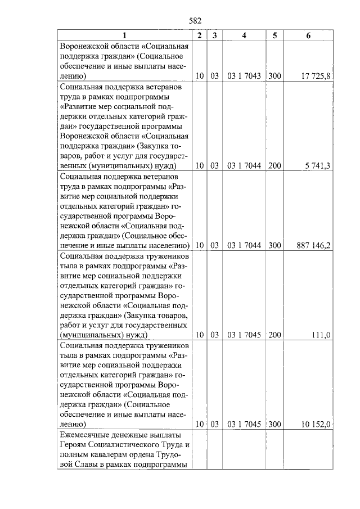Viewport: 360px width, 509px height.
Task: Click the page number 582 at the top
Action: (x=195, y=21)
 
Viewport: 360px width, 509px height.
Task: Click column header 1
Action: (x=125, y=35)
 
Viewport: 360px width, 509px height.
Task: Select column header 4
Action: (x=244, y=35)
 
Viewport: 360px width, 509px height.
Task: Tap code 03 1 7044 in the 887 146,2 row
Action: (x=244, y=246)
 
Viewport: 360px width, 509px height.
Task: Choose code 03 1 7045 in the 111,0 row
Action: (x=244, y=335)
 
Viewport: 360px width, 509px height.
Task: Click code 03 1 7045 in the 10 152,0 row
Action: (x=244, y=425)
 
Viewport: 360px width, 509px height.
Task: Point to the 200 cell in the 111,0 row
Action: (x=274, y=335)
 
